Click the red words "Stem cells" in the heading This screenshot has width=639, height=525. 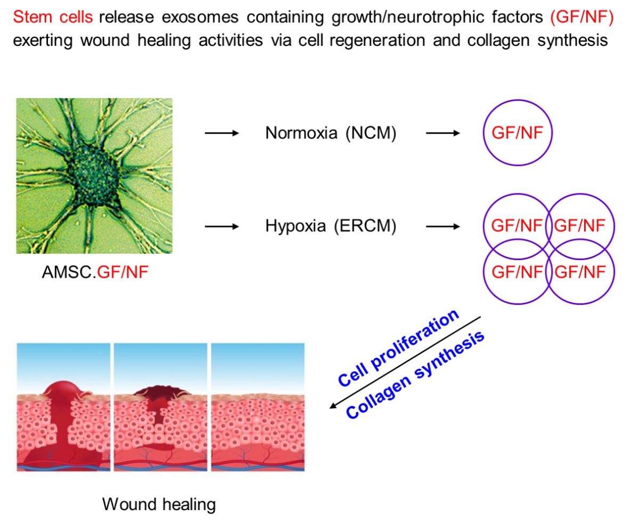coord(53,17)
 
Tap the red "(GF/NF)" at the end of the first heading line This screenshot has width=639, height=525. coord(581,17)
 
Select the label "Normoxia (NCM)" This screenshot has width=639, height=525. coord(331,133)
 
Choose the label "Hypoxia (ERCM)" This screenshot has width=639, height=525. coord(331,227)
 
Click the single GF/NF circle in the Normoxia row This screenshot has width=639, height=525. coord(518,133)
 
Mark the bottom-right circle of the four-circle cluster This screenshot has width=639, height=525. coord(580,272)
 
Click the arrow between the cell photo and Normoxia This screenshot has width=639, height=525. coord(221,133)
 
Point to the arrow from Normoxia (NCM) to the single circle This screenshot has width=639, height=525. coord(443,133)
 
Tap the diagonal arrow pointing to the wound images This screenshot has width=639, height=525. coord(405,362)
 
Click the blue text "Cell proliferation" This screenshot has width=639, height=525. coord(398,348)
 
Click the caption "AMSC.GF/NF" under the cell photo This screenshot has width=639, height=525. coord(95,273)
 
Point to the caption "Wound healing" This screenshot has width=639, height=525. coord(159,504)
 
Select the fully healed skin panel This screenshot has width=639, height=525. coord(258,407)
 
